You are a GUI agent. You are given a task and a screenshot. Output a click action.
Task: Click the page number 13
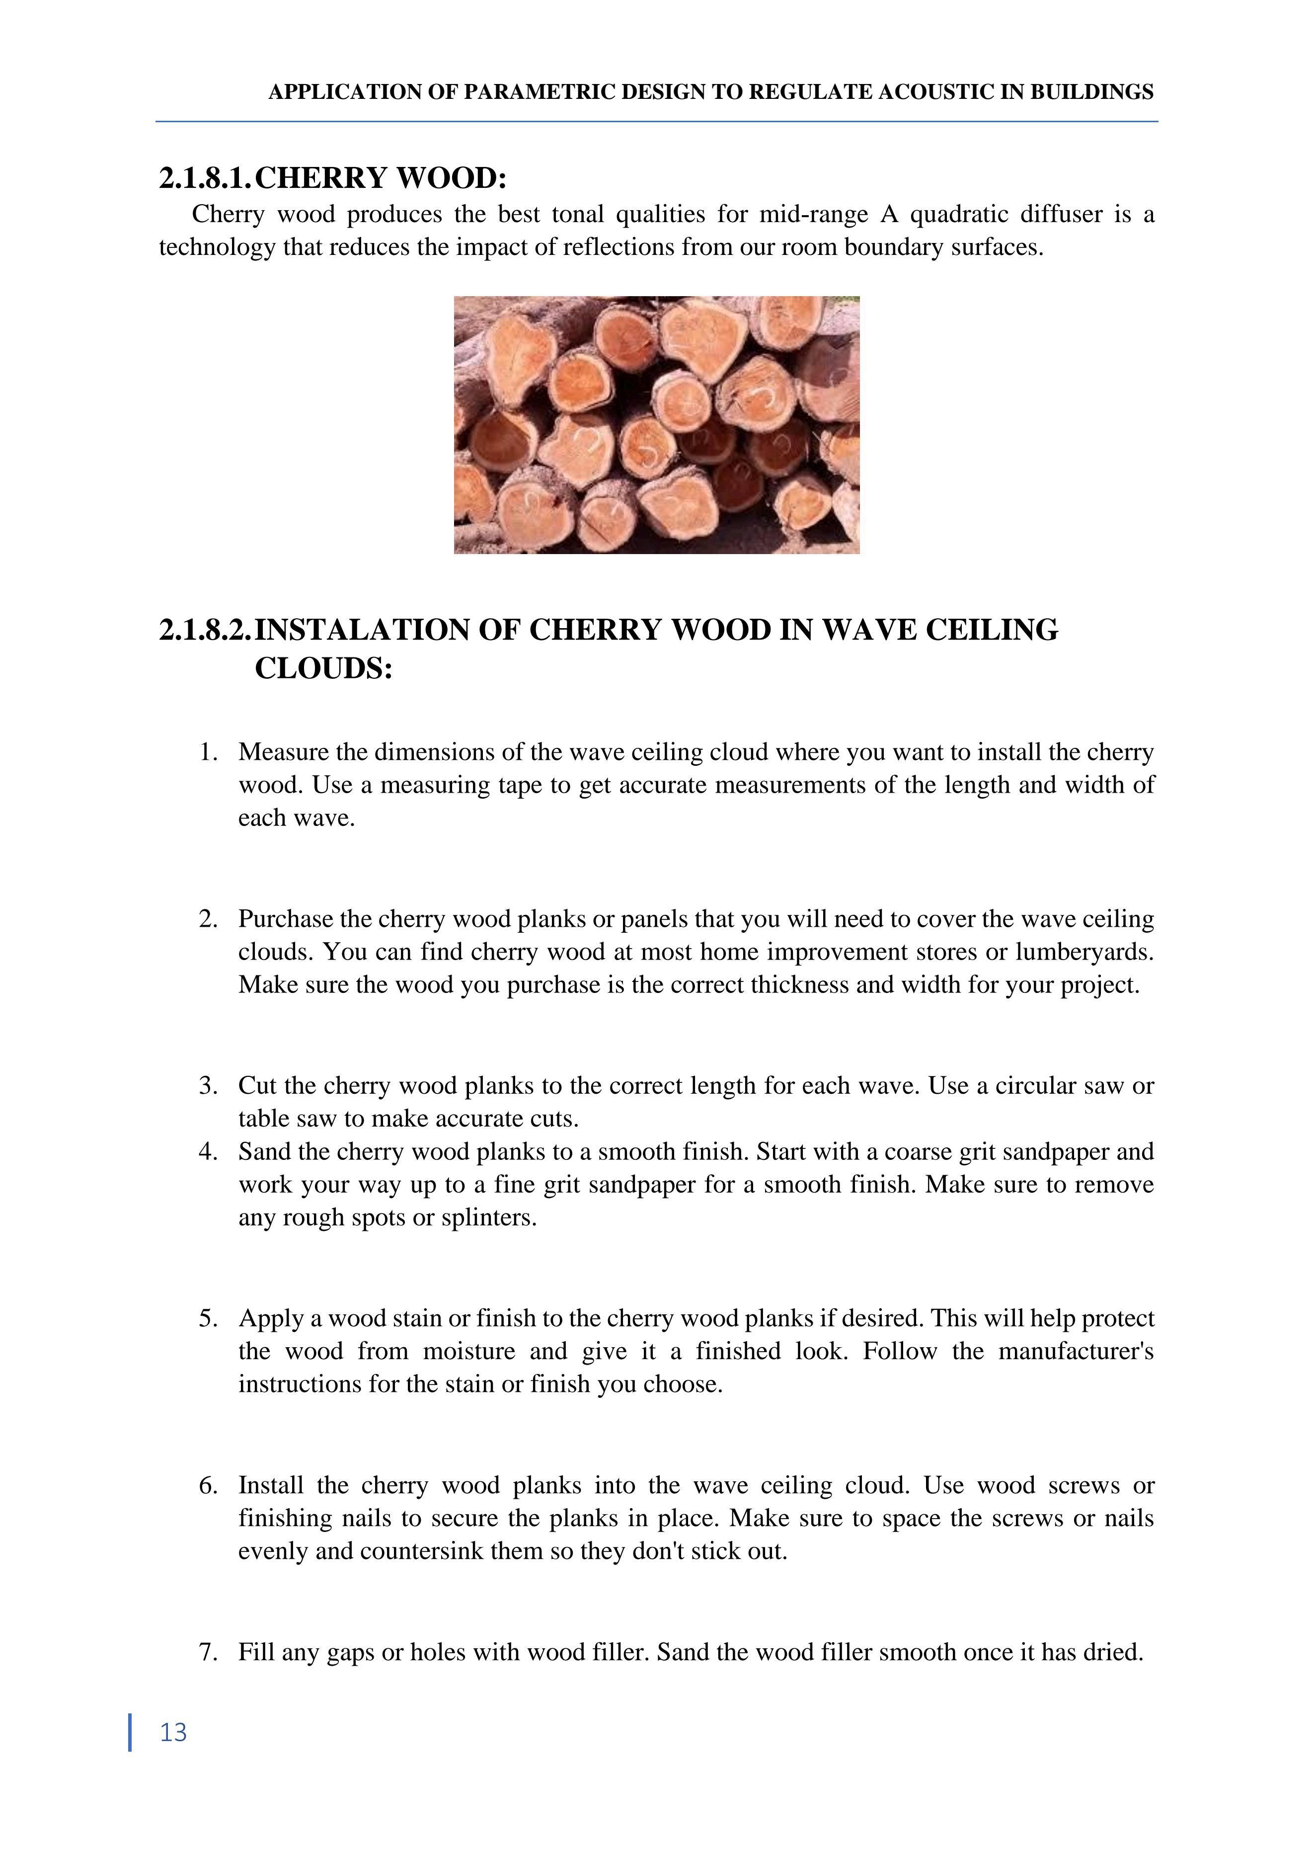point(173,1733)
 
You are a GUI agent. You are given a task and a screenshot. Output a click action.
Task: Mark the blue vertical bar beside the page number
point(130,1733)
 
